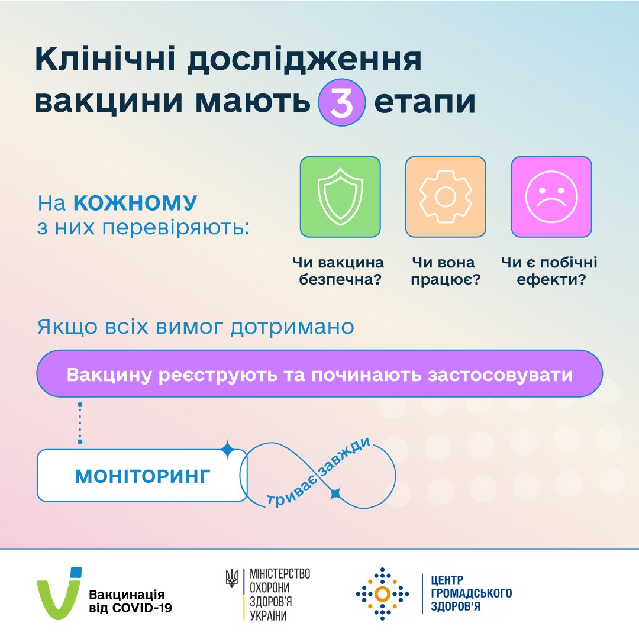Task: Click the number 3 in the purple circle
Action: pyautogui.click(x=341, y=103)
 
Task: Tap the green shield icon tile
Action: pyautogui.click(x=340, y=197)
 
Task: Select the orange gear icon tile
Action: pyautogui.click(x=446, y=197)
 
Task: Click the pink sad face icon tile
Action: pyautogui.click(x=551, y=197)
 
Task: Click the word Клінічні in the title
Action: pyautogui.click(x=105, y=59)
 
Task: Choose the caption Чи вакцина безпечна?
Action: pyautogui.click(x=338, y=271)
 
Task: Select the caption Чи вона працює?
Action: pyautogui.click(x=446, y=271)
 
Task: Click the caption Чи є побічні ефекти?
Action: pyautogui.click(x=550, y=271)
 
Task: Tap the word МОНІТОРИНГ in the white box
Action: pyautogui.click(x=143, y=476)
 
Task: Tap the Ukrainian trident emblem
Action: pyautogui.click(x=231, y=578)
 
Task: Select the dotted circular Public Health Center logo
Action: pyautogui.click(x=382, y=594)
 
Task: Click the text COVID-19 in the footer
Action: pyautogui.click(x=142, y=608)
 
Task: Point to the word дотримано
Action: pyautogui.click(x=292, y=327)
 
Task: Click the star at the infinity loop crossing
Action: pyautogui.click(x=335, y=493)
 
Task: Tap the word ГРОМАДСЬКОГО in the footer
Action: pyautogui.click(x=472, y=593)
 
